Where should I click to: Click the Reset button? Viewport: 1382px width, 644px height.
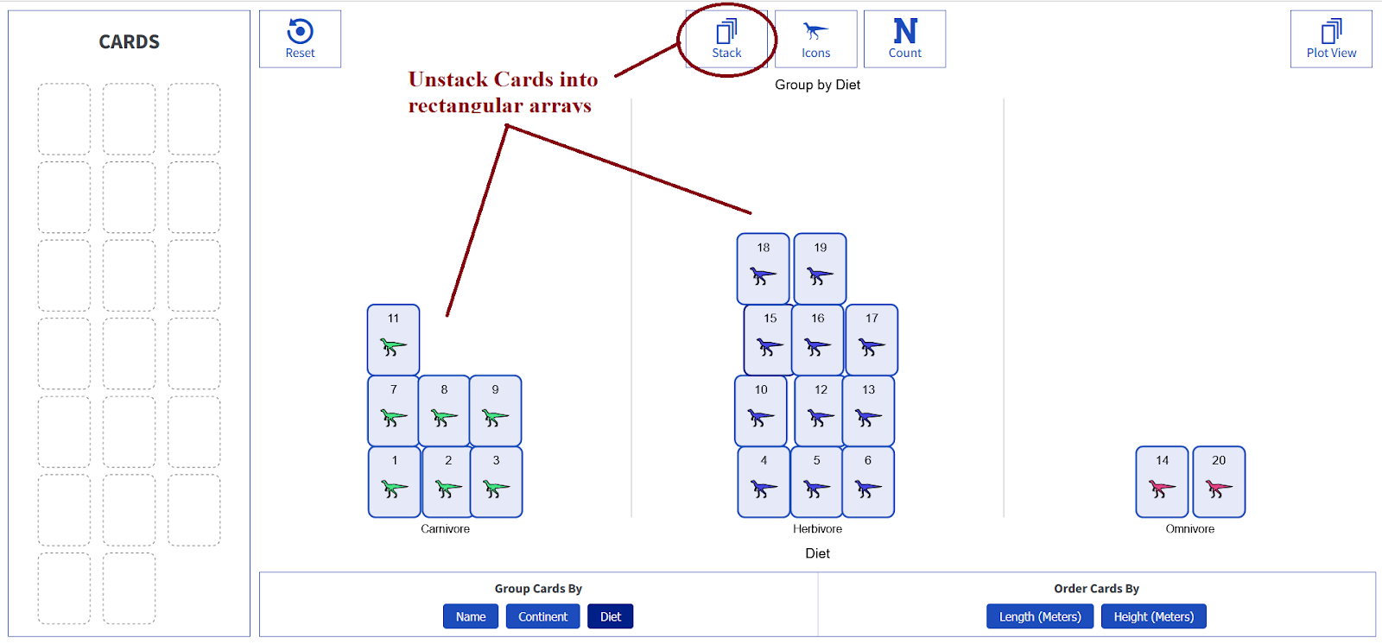coord(300,39)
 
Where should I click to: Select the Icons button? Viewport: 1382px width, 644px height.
coord(815,39)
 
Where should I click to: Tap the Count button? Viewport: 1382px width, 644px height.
coord(904,39)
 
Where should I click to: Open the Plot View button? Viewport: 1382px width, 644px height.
coord(1331,39)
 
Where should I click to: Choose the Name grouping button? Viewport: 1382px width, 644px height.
coord(471,616)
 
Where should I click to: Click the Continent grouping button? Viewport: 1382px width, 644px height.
coord(542,616)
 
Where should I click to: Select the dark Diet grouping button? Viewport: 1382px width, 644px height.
coord(611,616)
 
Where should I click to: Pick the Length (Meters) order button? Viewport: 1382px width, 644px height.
coord(1040,616)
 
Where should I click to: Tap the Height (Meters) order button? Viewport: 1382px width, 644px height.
coord(1153,616)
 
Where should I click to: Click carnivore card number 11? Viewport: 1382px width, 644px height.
coord(394,339)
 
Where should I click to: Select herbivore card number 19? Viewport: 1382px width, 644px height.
coord(820,268)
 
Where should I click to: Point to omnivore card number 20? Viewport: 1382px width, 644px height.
coord(1219,482)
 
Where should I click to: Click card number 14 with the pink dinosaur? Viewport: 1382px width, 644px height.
coord(1162,482)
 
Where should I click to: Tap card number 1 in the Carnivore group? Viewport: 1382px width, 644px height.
coord(395,482)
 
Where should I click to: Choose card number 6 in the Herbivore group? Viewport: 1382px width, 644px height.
coord(868,482)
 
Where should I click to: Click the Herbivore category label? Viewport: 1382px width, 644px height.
coord(817,529)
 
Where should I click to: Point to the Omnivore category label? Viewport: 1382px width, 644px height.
coord(1189,529)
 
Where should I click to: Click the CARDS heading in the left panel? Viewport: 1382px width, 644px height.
coord(130,41)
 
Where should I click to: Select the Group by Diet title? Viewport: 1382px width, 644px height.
coord(817,85)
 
